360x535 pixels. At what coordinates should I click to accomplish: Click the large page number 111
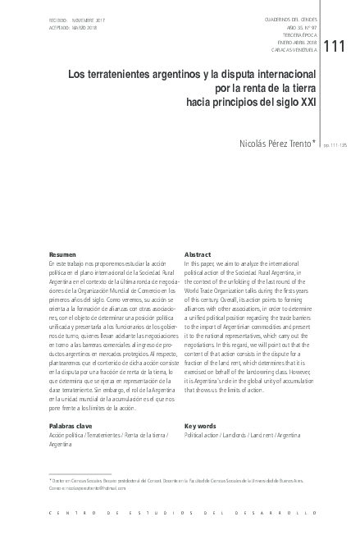[335, 47]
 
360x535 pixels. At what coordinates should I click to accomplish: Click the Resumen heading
[63, 255]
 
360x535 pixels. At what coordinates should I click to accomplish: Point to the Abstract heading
[198, 255]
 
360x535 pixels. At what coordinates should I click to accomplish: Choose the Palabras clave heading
[71, 427]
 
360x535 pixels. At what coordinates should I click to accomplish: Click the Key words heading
[201, 427]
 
